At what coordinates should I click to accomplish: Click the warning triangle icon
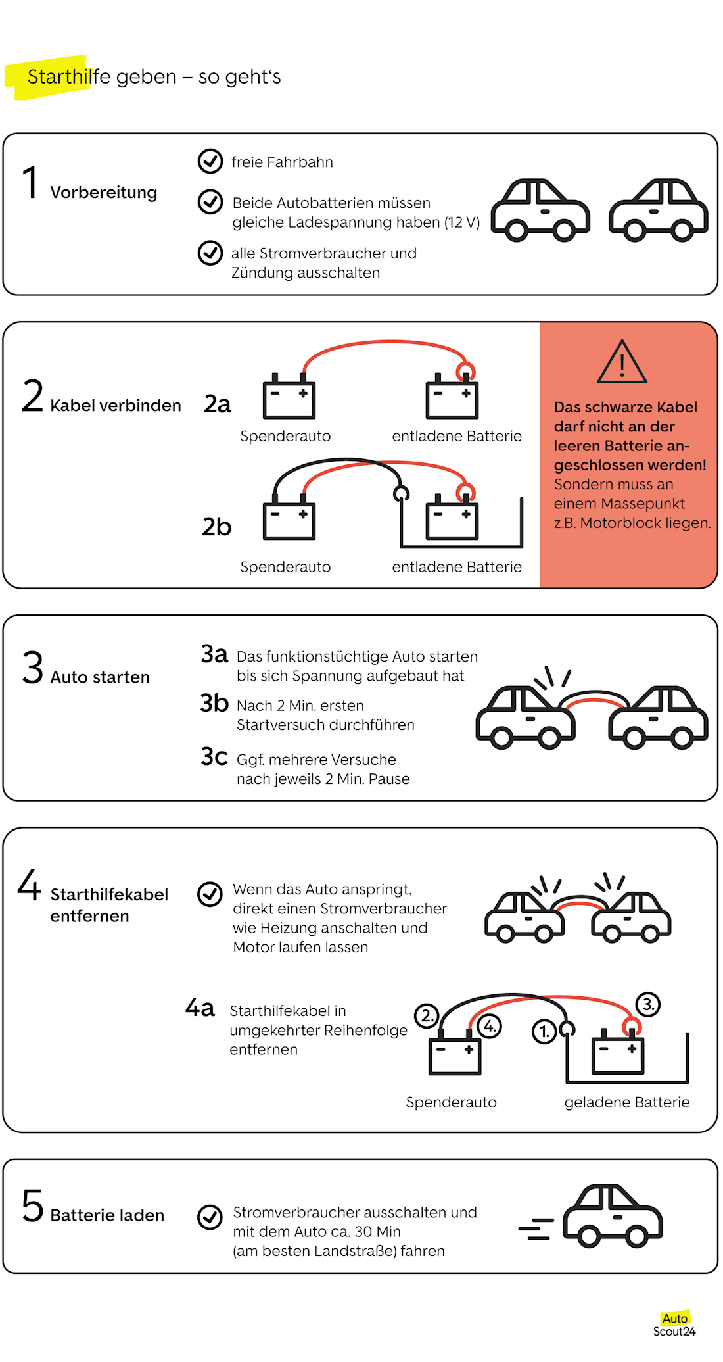[x=622, y=362]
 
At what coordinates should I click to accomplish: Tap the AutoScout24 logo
[x=674, y=1324]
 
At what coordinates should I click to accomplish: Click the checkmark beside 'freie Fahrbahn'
[x=210, y=161]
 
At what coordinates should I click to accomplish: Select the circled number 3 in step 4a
[x=648, y=1004]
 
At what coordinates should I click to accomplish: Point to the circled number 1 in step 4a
[x=544, y=1031]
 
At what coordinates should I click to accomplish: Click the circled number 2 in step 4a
[x=427, y=1015]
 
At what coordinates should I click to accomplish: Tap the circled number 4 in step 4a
[x=490, y=1026]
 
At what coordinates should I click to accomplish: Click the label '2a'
[x=218, y=404]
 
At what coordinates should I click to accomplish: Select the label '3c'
[x=214, y=757]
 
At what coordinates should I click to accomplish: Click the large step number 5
[x=33, y=1206]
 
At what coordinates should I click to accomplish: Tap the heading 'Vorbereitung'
[x=104, y=192]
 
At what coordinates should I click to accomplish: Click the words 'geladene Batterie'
[x=626, y=1102]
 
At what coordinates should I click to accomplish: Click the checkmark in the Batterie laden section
[x=210, y=1217]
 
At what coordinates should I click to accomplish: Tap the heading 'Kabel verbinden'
[x=116, y=405]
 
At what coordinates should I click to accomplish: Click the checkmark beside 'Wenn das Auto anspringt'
[x=210, y=894]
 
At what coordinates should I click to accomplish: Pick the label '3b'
[x=214, y=704]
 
